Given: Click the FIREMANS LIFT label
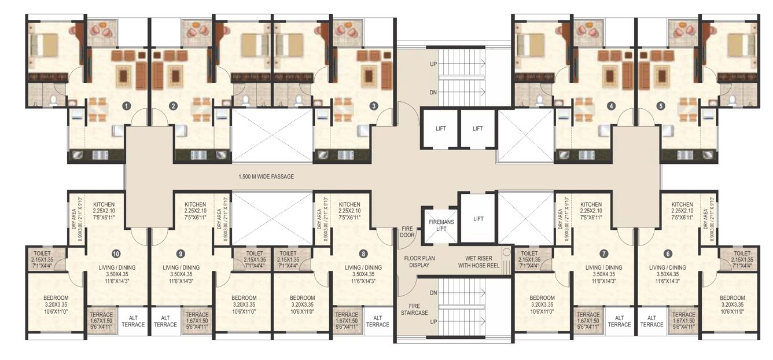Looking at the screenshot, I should (439, 225).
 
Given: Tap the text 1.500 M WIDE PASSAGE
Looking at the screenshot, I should (267, 177).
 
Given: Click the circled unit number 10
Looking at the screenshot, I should (116, 253).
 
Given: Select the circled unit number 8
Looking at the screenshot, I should (363, 253).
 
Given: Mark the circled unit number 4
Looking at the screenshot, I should (611, 105).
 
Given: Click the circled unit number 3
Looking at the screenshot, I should (374, 105).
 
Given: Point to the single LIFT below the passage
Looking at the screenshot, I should (478, 219).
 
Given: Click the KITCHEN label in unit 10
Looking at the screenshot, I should (104, 204).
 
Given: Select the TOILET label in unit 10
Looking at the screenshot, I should (43, 254).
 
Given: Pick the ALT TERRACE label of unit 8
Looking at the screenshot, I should (378, 321).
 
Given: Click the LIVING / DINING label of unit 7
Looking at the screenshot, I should (603, 267).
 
